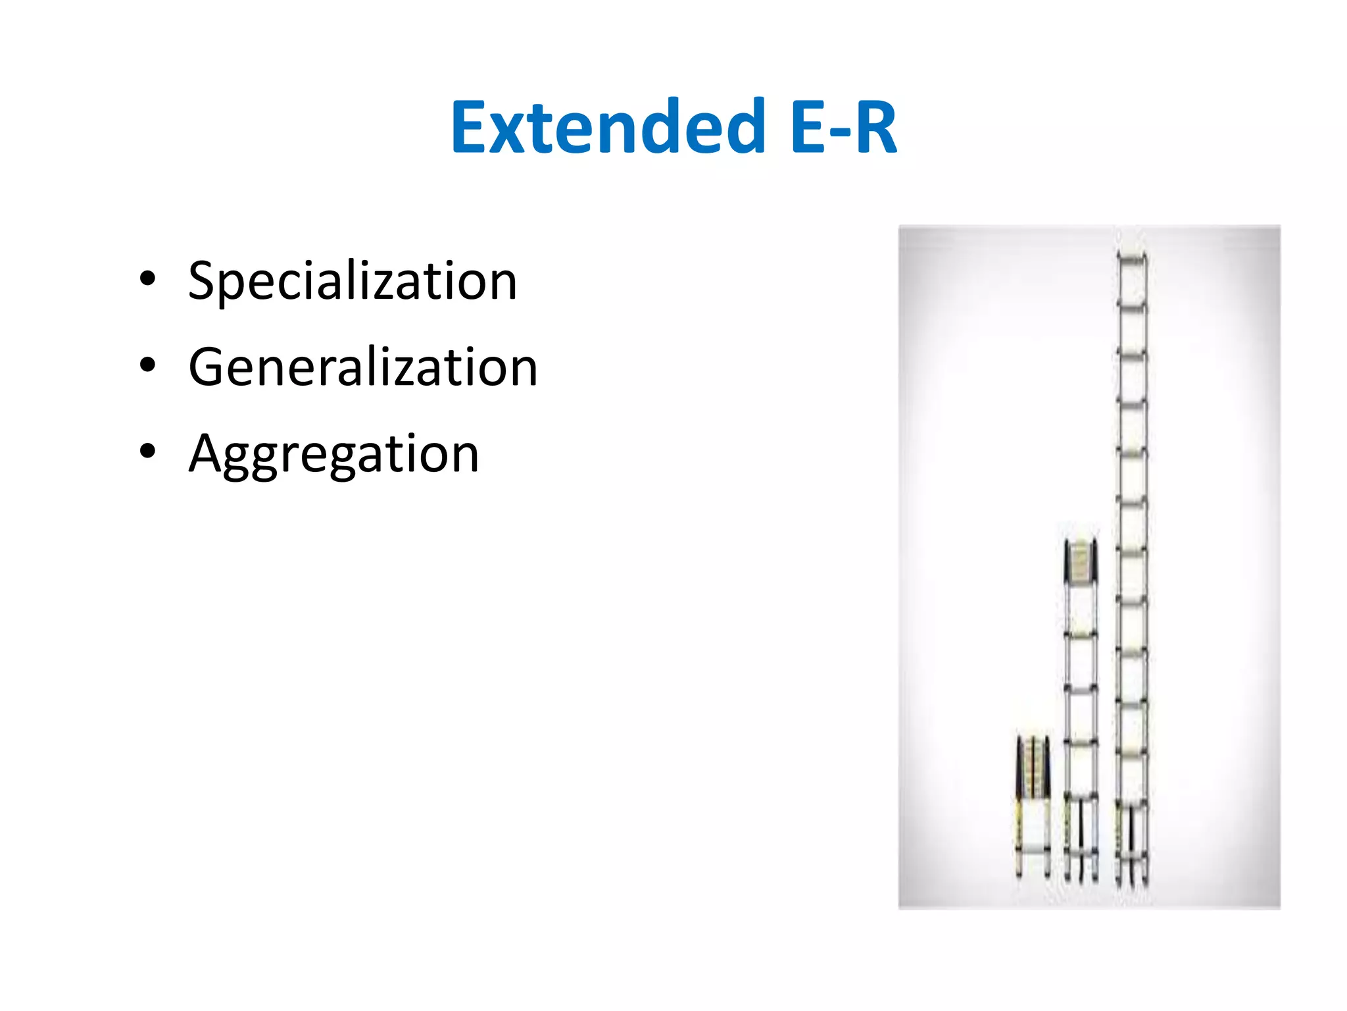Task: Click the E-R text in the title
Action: point(844,127)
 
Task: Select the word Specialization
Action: point(353,281)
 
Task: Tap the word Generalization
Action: point(363,367)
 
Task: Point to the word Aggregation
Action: point(334,454)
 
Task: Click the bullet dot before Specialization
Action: point(148,279)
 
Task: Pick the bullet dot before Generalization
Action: point(148,365)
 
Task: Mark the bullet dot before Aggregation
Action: point(148,452)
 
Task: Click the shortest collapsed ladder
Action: point(1033,806)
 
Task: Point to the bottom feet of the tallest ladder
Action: point(1132,879)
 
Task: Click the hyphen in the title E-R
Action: point(831,132)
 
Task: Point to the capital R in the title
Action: point(875,127)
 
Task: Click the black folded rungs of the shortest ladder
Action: point(1033,767)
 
